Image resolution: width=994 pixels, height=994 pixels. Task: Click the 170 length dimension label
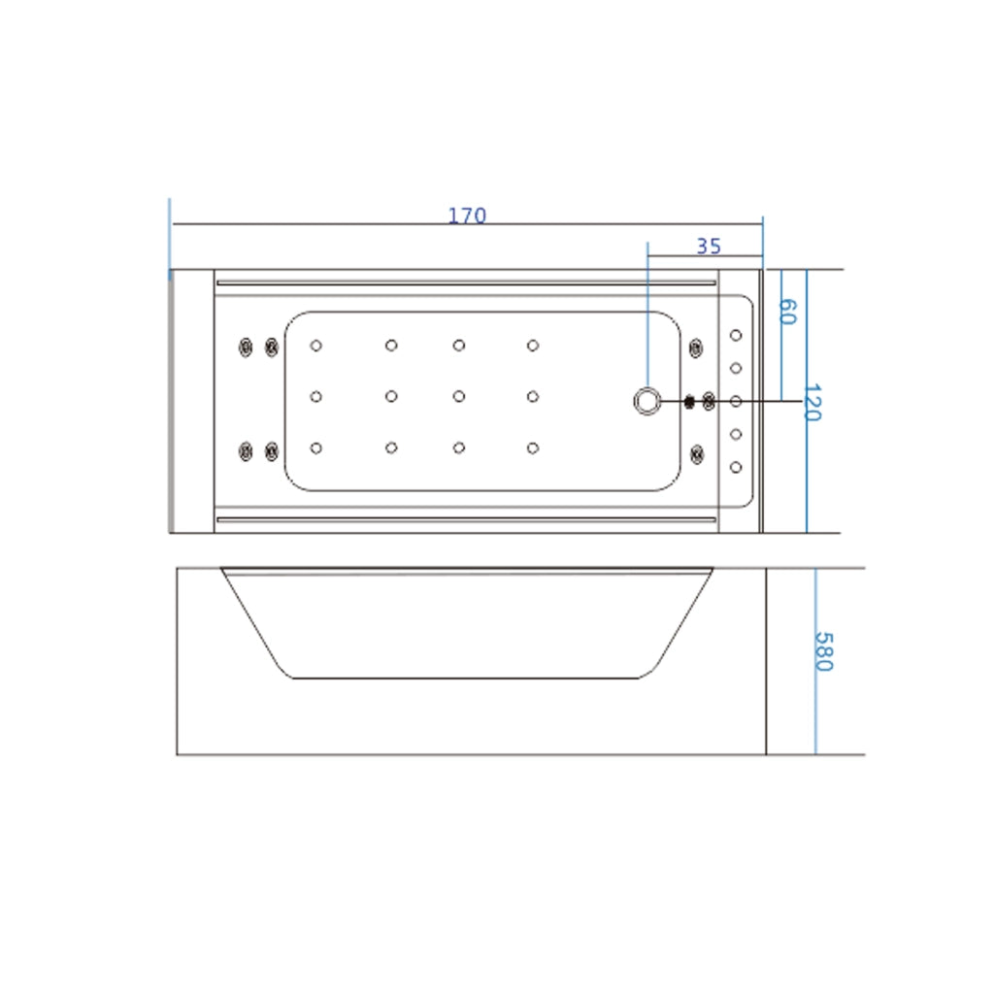point(467,216)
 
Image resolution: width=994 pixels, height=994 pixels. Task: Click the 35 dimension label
point(709,246)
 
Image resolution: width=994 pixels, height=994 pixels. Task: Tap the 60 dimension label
point(786,312)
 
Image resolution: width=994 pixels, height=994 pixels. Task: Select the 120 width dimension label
point(812,402)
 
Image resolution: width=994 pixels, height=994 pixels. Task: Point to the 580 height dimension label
point(823,651)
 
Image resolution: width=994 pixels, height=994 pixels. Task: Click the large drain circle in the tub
point(647,401)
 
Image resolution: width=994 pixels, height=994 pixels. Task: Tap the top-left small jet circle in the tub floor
point(315,346)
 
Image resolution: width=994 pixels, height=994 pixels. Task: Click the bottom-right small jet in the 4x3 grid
point(533,448)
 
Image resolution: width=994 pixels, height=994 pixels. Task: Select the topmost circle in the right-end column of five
point(736,335)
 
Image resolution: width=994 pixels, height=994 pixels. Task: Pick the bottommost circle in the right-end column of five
point(736,467)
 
